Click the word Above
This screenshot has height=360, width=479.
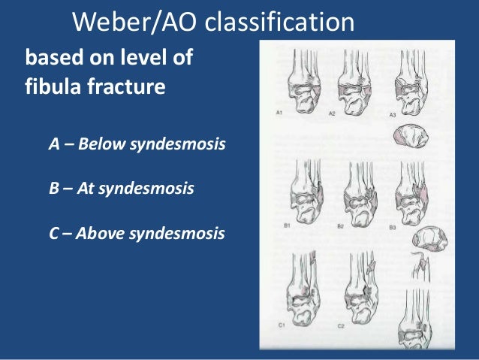104,233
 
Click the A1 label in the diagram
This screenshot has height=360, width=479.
279,114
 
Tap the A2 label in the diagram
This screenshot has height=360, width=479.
332,114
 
